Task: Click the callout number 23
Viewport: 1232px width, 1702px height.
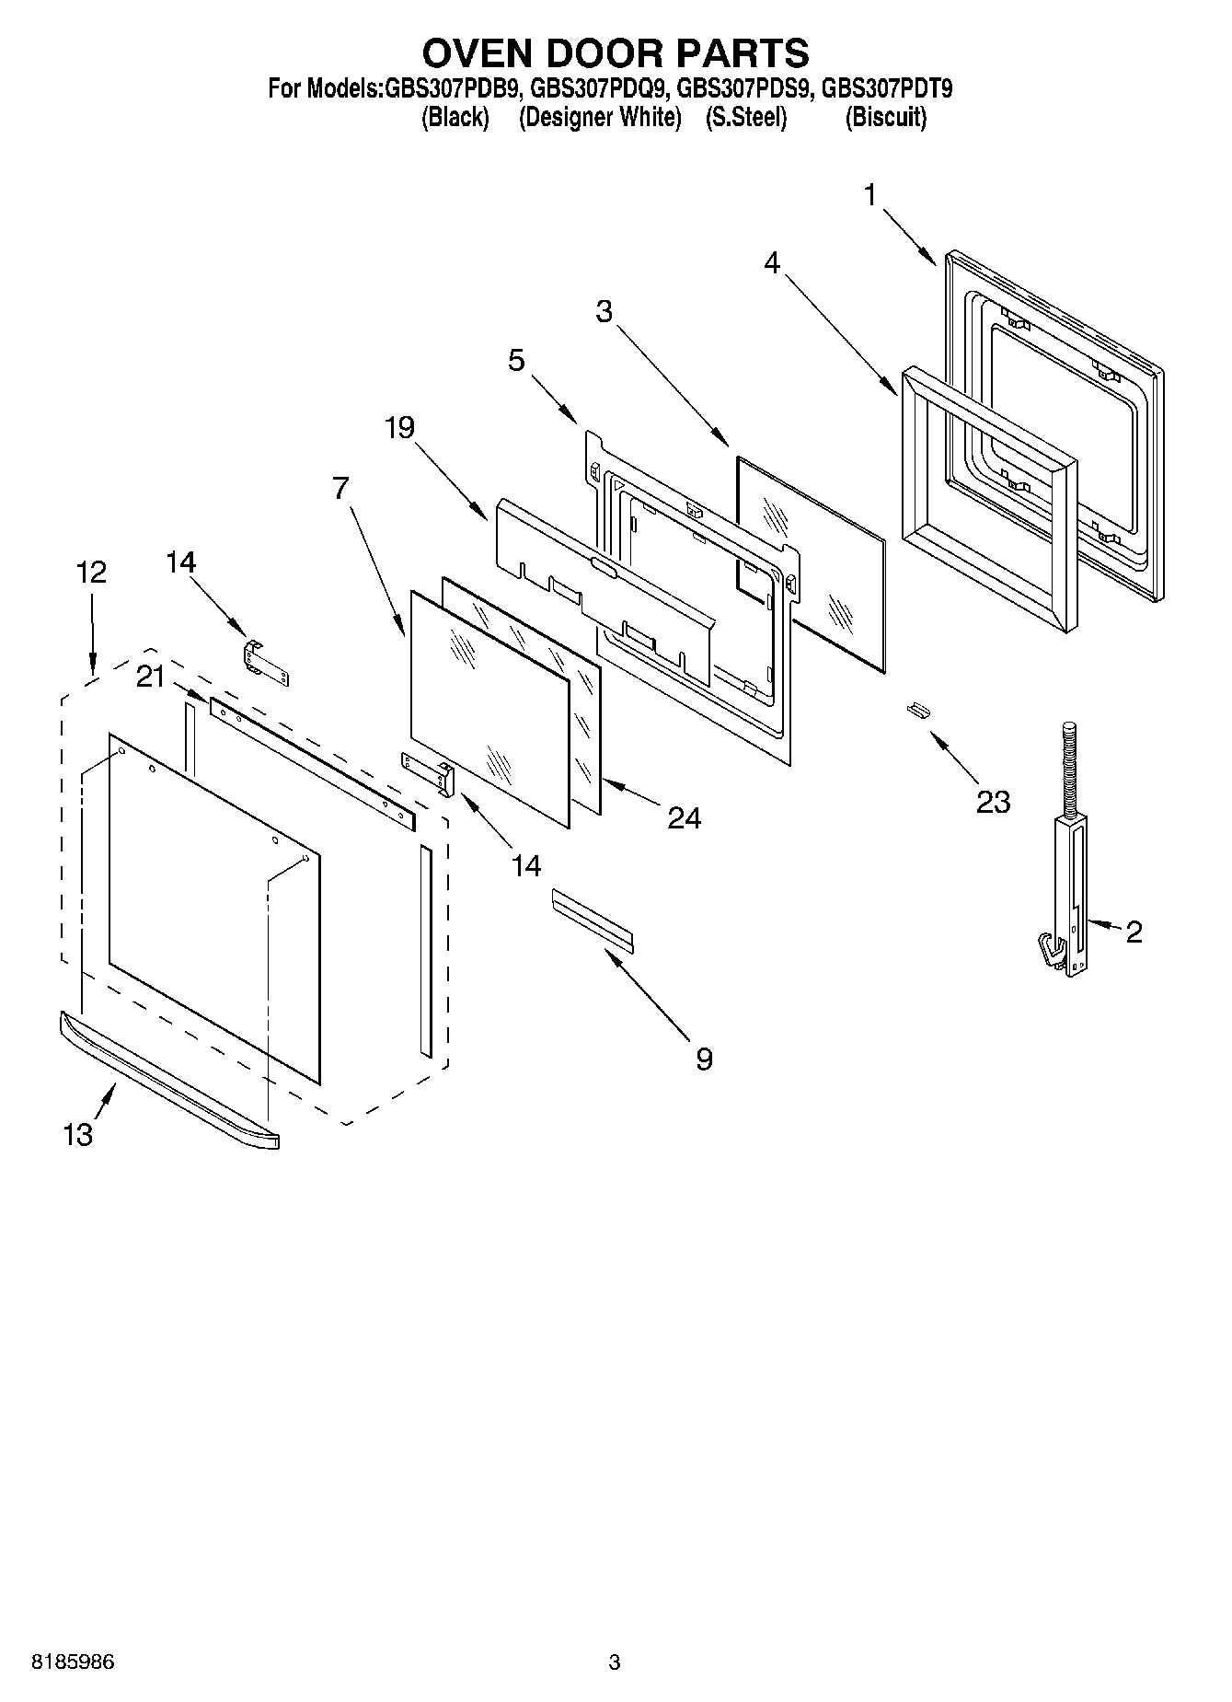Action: [x=993, y=802]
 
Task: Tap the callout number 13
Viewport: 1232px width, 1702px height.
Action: [x=78, y=1135]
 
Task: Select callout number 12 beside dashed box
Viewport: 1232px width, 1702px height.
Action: [x=91, y=573]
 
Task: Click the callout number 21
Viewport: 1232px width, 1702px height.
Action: [x=150, y=677]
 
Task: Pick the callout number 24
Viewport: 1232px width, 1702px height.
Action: [x=684, y=817]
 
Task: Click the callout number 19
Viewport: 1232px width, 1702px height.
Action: [x=399, y=427]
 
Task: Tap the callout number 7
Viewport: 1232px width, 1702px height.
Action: [x=340, y=488]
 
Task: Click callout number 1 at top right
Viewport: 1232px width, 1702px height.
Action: [x=869, y=194]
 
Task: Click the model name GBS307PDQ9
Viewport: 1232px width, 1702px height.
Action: [x=597, y=89]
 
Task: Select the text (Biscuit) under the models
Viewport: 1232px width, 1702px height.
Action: [x=885, y=118]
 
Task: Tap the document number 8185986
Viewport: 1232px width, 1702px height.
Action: [x=74, y=1662]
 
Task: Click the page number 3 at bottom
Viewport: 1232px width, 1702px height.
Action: [x=615, y=1662]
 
